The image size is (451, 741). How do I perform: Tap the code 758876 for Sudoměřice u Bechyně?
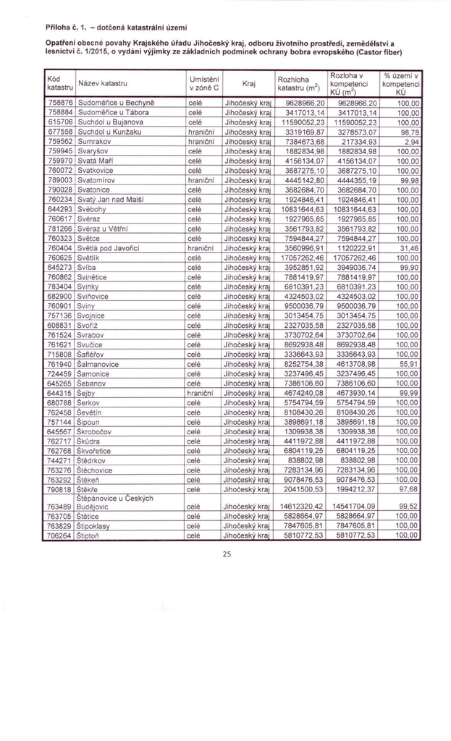tap(59, 104)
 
